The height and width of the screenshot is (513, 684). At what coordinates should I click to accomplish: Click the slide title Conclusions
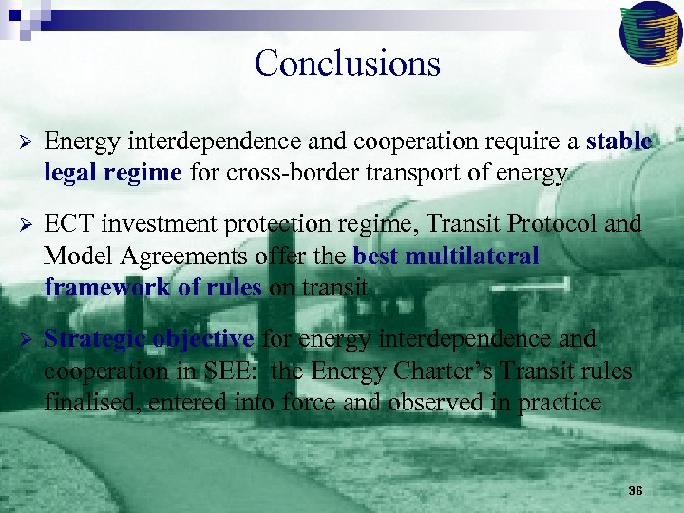coord(347,64)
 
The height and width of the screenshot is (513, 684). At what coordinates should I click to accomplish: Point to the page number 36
coord(636,491)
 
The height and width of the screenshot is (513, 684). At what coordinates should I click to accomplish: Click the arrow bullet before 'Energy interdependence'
coord(27,142)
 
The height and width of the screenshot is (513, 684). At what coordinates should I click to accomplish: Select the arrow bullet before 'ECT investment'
coord(27,225)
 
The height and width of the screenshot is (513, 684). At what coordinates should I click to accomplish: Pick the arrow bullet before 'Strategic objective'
coord(27,339)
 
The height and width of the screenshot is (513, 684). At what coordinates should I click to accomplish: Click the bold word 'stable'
coord(618,142)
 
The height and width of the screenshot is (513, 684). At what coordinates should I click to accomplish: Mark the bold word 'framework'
coord(100,287)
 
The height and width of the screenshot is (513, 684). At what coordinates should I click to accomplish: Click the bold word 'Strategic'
coord(94,338)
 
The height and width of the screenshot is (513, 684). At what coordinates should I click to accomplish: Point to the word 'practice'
coord(560,402)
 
